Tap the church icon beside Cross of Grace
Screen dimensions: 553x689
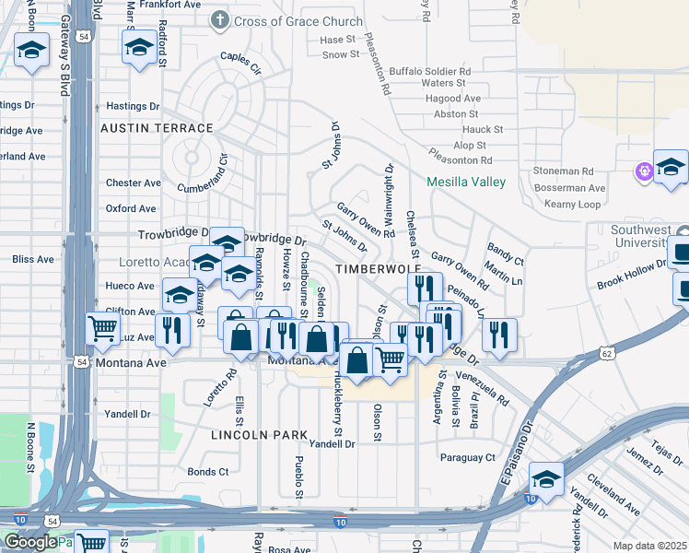point(219,20)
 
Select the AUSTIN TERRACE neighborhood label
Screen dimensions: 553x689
point(157,128)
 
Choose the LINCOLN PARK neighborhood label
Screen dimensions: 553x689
point(258,434)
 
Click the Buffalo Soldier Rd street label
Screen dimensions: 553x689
point(430,70)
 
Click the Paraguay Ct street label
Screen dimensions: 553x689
point(467,457)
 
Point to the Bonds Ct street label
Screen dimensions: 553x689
point(207,472)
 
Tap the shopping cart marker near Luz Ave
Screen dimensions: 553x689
point(103,327)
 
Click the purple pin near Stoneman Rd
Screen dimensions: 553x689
point(643,171)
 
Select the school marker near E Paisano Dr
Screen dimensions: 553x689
point(547,479)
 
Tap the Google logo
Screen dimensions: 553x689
point(30,542)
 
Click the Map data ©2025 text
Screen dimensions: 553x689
point(649,546)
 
